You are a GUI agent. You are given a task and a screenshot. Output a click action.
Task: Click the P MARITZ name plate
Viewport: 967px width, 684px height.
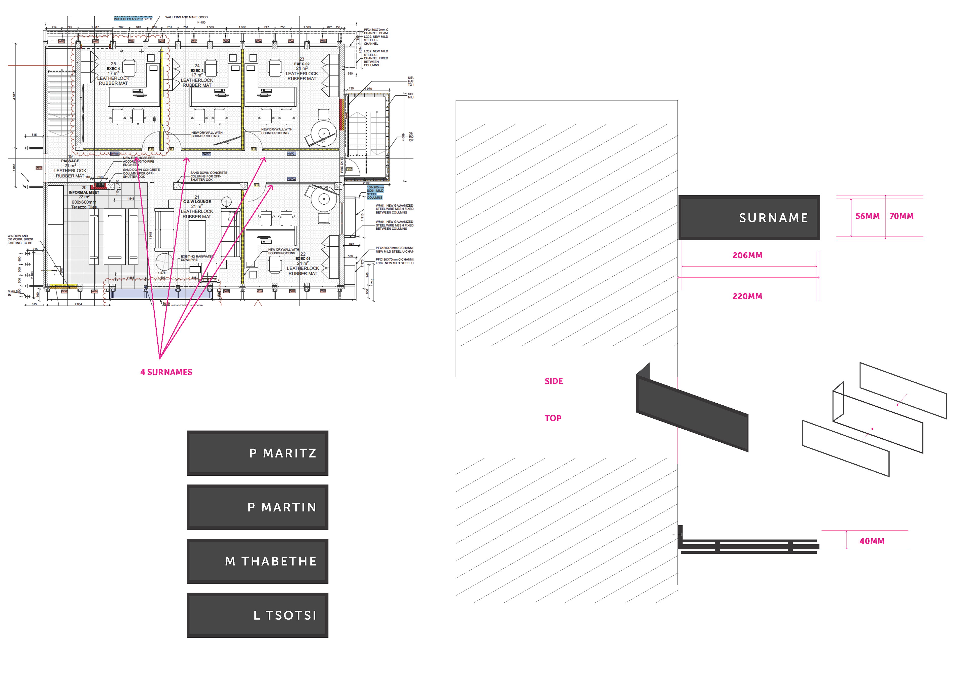[257, 453]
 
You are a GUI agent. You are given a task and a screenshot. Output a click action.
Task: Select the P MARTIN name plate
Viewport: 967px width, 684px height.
[257, 507]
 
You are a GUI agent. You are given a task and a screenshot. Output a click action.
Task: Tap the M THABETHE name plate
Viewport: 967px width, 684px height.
[257, 561]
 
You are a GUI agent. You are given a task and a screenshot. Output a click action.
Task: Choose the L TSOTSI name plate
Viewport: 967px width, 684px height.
[257, 615]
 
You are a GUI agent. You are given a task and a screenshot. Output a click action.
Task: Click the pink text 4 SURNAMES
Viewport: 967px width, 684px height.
[166, 372]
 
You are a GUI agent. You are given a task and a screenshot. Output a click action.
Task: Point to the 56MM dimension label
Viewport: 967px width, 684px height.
[867, 216]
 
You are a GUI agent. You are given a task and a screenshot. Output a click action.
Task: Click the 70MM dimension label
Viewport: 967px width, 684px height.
[901, 216]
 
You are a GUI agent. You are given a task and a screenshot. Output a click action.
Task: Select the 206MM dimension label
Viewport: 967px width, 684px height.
[747, 255]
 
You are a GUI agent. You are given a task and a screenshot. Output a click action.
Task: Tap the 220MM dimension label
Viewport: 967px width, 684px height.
[747, 296]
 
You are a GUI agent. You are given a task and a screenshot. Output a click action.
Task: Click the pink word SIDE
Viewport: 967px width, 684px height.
[554, 381]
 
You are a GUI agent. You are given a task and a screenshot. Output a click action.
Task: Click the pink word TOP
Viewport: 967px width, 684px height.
[552, 418]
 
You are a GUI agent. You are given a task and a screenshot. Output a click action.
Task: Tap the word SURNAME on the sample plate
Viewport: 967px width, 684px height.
[773, 218]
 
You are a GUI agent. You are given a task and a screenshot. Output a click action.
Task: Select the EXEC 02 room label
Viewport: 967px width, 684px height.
[301, 64]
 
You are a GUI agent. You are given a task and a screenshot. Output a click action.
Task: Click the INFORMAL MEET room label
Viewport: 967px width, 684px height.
[84, 192]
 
